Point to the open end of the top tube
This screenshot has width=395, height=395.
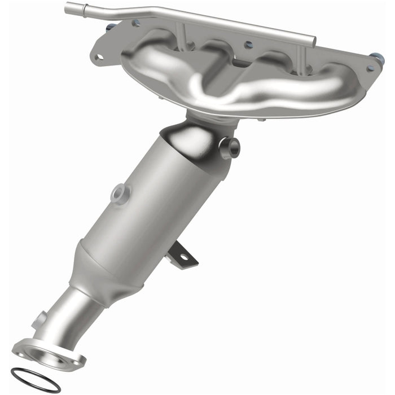coord(68,8)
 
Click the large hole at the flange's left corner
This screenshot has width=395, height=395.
coord(99,56)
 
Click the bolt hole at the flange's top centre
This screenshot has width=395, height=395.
coord(246,43)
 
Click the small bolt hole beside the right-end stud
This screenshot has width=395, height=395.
coord(370,68)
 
